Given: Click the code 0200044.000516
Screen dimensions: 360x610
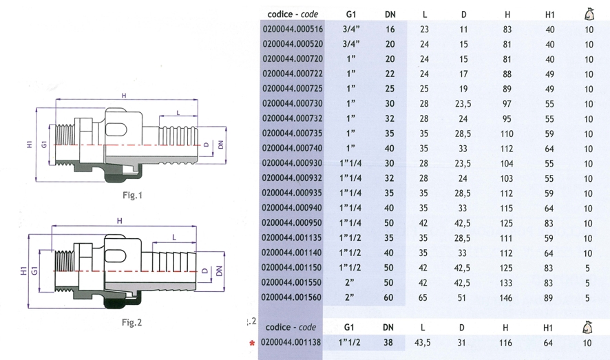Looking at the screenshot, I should pos(293,30).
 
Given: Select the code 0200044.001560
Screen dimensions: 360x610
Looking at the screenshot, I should pos(293,297).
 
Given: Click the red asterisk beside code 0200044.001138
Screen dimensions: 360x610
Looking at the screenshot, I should pos(252,343).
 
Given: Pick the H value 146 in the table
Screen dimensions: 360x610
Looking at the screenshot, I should pos(507,297).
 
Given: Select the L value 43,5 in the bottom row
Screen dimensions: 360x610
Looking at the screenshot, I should pos(425,342).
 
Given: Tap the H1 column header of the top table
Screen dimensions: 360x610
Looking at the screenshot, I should pos(549,13).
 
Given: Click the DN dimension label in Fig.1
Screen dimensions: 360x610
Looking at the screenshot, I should pos(220,145).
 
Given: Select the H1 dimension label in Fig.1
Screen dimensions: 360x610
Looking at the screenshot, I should pos(30,145).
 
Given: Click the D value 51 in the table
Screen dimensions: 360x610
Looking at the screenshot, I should pos(463,297).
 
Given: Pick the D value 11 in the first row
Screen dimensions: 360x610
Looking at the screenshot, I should pos(463,30).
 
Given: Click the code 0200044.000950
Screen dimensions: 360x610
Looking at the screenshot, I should pos(293,223).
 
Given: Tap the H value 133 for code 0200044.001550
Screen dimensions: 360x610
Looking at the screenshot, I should pos(507,283).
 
